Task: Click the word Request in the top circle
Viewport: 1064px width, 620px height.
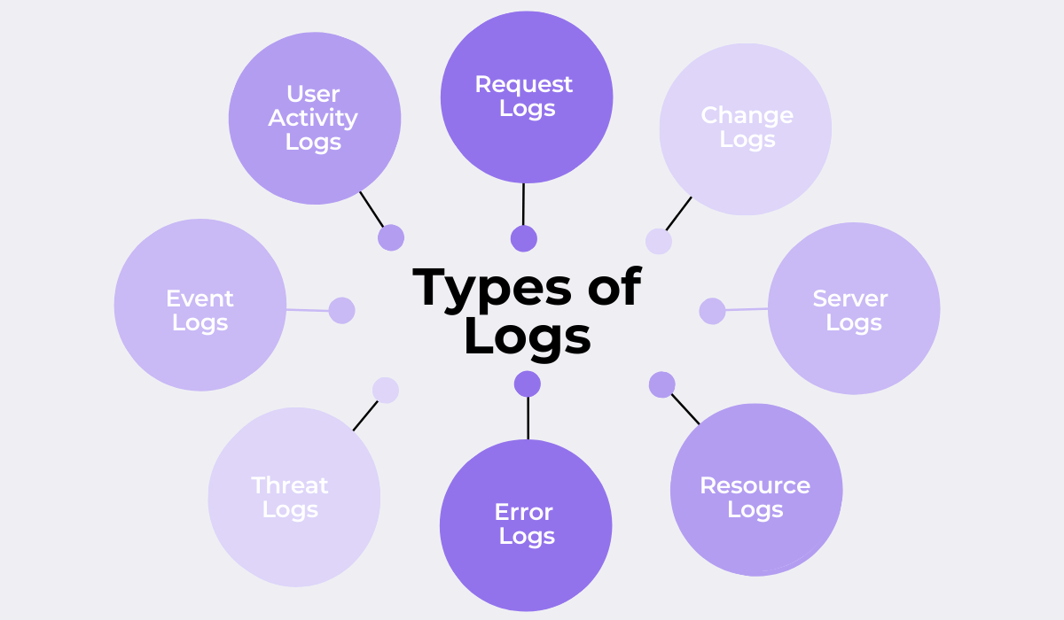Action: pos(524,84)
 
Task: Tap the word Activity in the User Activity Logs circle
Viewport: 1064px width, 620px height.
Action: pos(313,118)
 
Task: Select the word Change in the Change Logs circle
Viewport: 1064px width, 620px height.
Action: pos(747,115)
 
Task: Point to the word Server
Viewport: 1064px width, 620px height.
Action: pos(850,298)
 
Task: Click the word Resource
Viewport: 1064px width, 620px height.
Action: pos(755,485)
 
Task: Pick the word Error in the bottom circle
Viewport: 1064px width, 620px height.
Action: pos(524,512)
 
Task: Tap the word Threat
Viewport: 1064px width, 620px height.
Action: pos(290,485)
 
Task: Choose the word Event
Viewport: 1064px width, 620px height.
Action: pos(200,298)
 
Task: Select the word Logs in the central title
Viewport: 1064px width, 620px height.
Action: pos(528,336)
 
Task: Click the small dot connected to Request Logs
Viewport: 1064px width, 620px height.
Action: pos(524,238)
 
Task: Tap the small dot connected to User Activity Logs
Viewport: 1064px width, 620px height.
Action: pos(391,237)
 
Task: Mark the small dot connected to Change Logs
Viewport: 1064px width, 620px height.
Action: pos(659,241)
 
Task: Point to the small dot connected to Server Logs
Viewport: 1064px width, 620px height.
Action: pos(712,311)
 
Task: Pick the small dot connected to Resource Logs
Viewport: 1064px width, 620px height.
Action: pos(661,384)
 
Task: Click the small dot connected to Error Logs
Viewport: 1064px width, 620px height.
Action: pos(528,384)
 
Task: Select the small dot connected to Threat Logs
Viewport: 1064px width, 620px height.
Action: pos(386,390)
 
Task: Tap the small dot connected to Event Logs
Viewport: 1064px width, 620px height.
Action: pos(341,310)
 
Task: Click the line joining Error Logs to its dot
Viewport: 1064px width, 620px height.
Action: pos(528,418)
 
